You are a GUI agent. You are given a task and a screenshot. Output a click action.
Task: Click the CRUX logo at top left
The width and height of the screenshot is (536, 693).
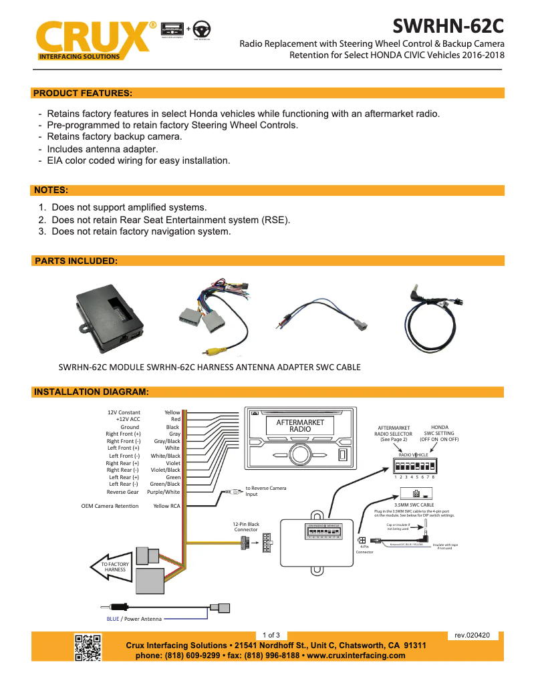pos(94,41)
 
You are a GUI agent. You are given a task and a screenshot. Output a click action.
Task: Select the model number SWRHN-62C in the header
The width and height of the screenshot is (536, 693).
pos(447,26)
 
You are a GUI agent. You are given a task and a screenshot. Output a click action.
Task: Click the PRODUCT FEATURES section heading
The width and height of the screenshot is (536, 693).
pos(83,93)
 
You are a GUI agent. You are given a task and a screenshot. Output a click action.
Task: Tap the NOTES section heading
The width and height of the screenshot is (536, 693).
pos(51,190)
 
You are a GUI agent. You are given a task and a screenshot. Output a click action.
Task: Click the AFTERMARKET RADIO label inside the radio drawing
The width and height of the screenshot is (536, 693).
pos(300,426)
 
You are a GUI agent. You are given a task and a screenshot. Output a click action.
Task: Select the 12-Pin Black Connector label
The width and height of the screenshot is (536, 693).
pos(246,527)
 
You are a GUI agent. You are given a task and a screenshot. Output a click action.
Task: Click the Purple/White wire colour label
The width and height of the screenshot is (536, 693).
pos(164,492)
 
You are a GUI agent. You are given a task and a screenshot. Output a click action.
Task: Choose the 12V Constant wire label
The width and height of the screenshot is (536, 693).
pos(124,412)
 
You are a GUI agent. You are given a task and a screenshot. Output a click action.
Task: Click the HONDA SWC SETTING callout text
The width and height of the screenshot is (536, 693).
pos(439,433)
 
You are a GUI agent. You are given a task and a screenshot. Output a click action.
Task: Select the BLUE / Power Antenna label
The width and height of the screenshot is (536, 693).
pos(134,619)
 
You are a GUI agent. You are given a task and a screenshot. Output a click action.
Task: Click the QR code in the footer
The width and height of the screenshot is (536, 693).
pos(88,647)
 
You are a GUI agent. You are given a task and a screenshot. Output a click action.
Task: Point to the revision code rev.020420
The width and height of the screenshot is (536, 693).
pos(472,635)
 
